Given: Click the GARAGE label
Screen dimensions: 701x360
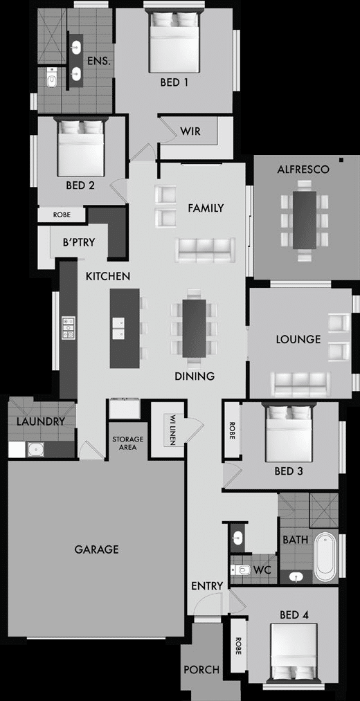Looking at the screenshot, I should [96, 549].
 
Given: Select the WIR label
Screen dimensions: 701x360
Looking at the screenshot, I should [190, 131].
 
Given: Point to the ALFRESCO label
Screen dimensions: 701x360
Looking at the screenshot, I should [303, 169].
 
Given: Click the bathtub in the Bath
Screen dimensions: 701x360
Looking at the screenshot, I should [325, 556].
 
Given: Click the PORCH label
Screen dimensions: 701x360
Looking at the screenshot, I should [201, 670].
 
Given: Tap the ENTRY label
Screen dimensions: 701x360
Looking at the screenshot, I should [207, 586].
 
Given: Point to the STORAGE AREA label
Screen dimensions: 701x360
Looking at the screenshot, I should [128, 443].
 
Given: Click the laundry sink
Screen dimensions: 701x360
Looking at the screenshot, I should [35, 449].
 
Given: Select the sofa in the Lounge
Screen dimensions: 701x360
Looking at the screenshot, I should [299, 381].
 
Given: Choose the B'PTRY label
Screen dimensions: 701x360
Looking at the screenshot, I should [78, 243].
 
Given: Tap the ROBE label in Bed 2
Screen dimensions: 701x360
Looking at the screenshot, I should [62, 215].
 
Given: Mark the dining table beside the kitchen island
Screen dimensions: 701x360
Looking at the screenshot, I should [194, 328].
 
